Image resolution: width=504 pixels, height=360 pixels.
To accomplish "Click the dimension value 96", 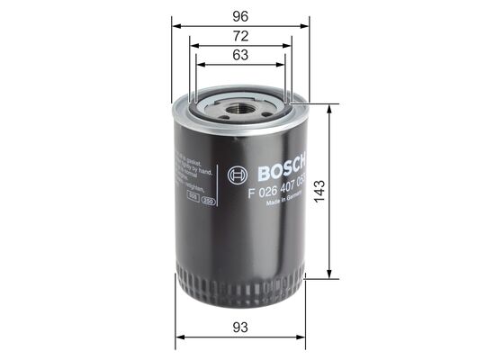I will [x=240, y=14].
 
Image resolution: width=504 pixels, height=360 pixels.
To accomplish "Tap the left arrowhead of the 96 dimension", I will [x=175, y=27].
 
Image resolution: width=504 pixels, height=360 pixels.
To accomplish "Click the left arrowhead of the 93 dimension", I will [x=177, y=337].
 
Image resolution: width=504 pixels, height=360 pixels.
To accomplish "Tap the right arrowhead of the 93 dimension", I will [x=304, y=337].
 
